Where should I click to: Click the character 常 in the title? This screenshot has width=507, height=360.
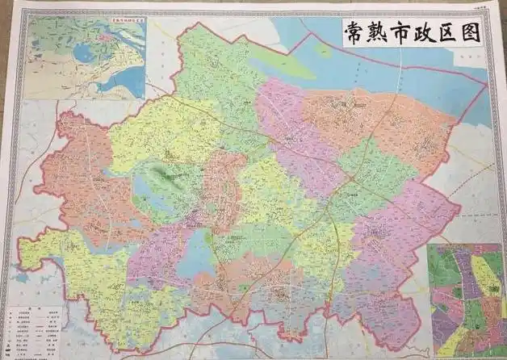[354, 33]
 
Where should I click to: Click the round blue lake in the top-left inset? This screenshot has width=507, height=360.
[84, 54]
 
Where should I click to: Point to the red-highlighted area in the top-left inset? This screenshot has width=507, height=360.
[104, 37]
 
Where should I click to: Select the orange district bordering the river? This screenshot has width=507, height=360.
[379, 121]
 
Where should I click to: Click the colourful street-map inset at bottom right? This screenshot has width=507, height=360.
[463, 299]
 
